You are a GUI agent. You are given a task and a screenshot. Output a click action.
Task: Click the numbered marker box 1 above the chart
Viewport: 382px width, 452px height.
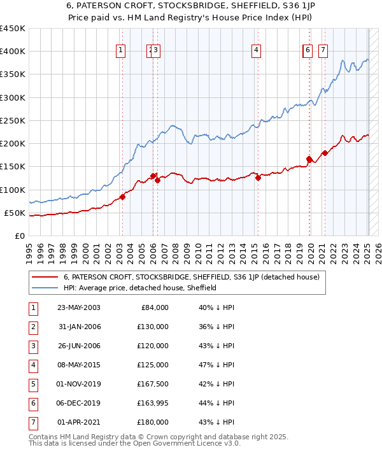[x=121, y=51]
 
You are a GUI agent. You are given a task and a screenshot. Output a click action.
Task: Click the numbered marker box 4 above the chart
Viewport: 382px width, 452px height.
[x=256, y=51]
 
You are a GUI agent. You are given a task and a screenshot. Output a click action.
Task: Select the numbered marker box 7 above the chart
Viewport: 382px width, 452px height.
[x=323, y=51]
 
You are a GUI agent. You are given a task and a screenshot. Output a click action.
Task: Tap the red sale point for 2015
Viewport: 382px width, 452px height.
[x=258, y=178]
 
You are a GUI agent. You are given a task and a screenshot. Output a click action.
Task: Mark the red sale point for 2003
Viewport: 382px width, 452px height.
[x=122, y=197]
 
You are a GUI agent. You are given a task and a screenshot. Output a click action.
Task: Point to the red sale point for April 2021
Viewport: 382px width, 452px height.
[x=325, y=153]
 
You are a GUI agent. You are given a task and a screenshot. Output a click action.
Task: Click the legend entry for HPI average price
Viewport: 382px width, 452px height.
[x=140, y=288]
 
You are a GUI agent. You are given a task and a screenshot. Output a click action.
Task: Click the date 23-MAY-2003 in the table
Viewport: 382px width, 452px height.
[x=79, y=307]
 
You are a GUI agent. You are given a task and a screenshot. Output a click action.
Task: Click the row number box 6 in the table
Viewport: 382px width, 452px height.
[x=32, y=403]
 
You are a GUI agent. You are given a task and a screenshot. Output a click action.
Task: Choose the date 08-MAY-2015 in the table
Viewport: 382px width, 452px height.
[x=79, y=365]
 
